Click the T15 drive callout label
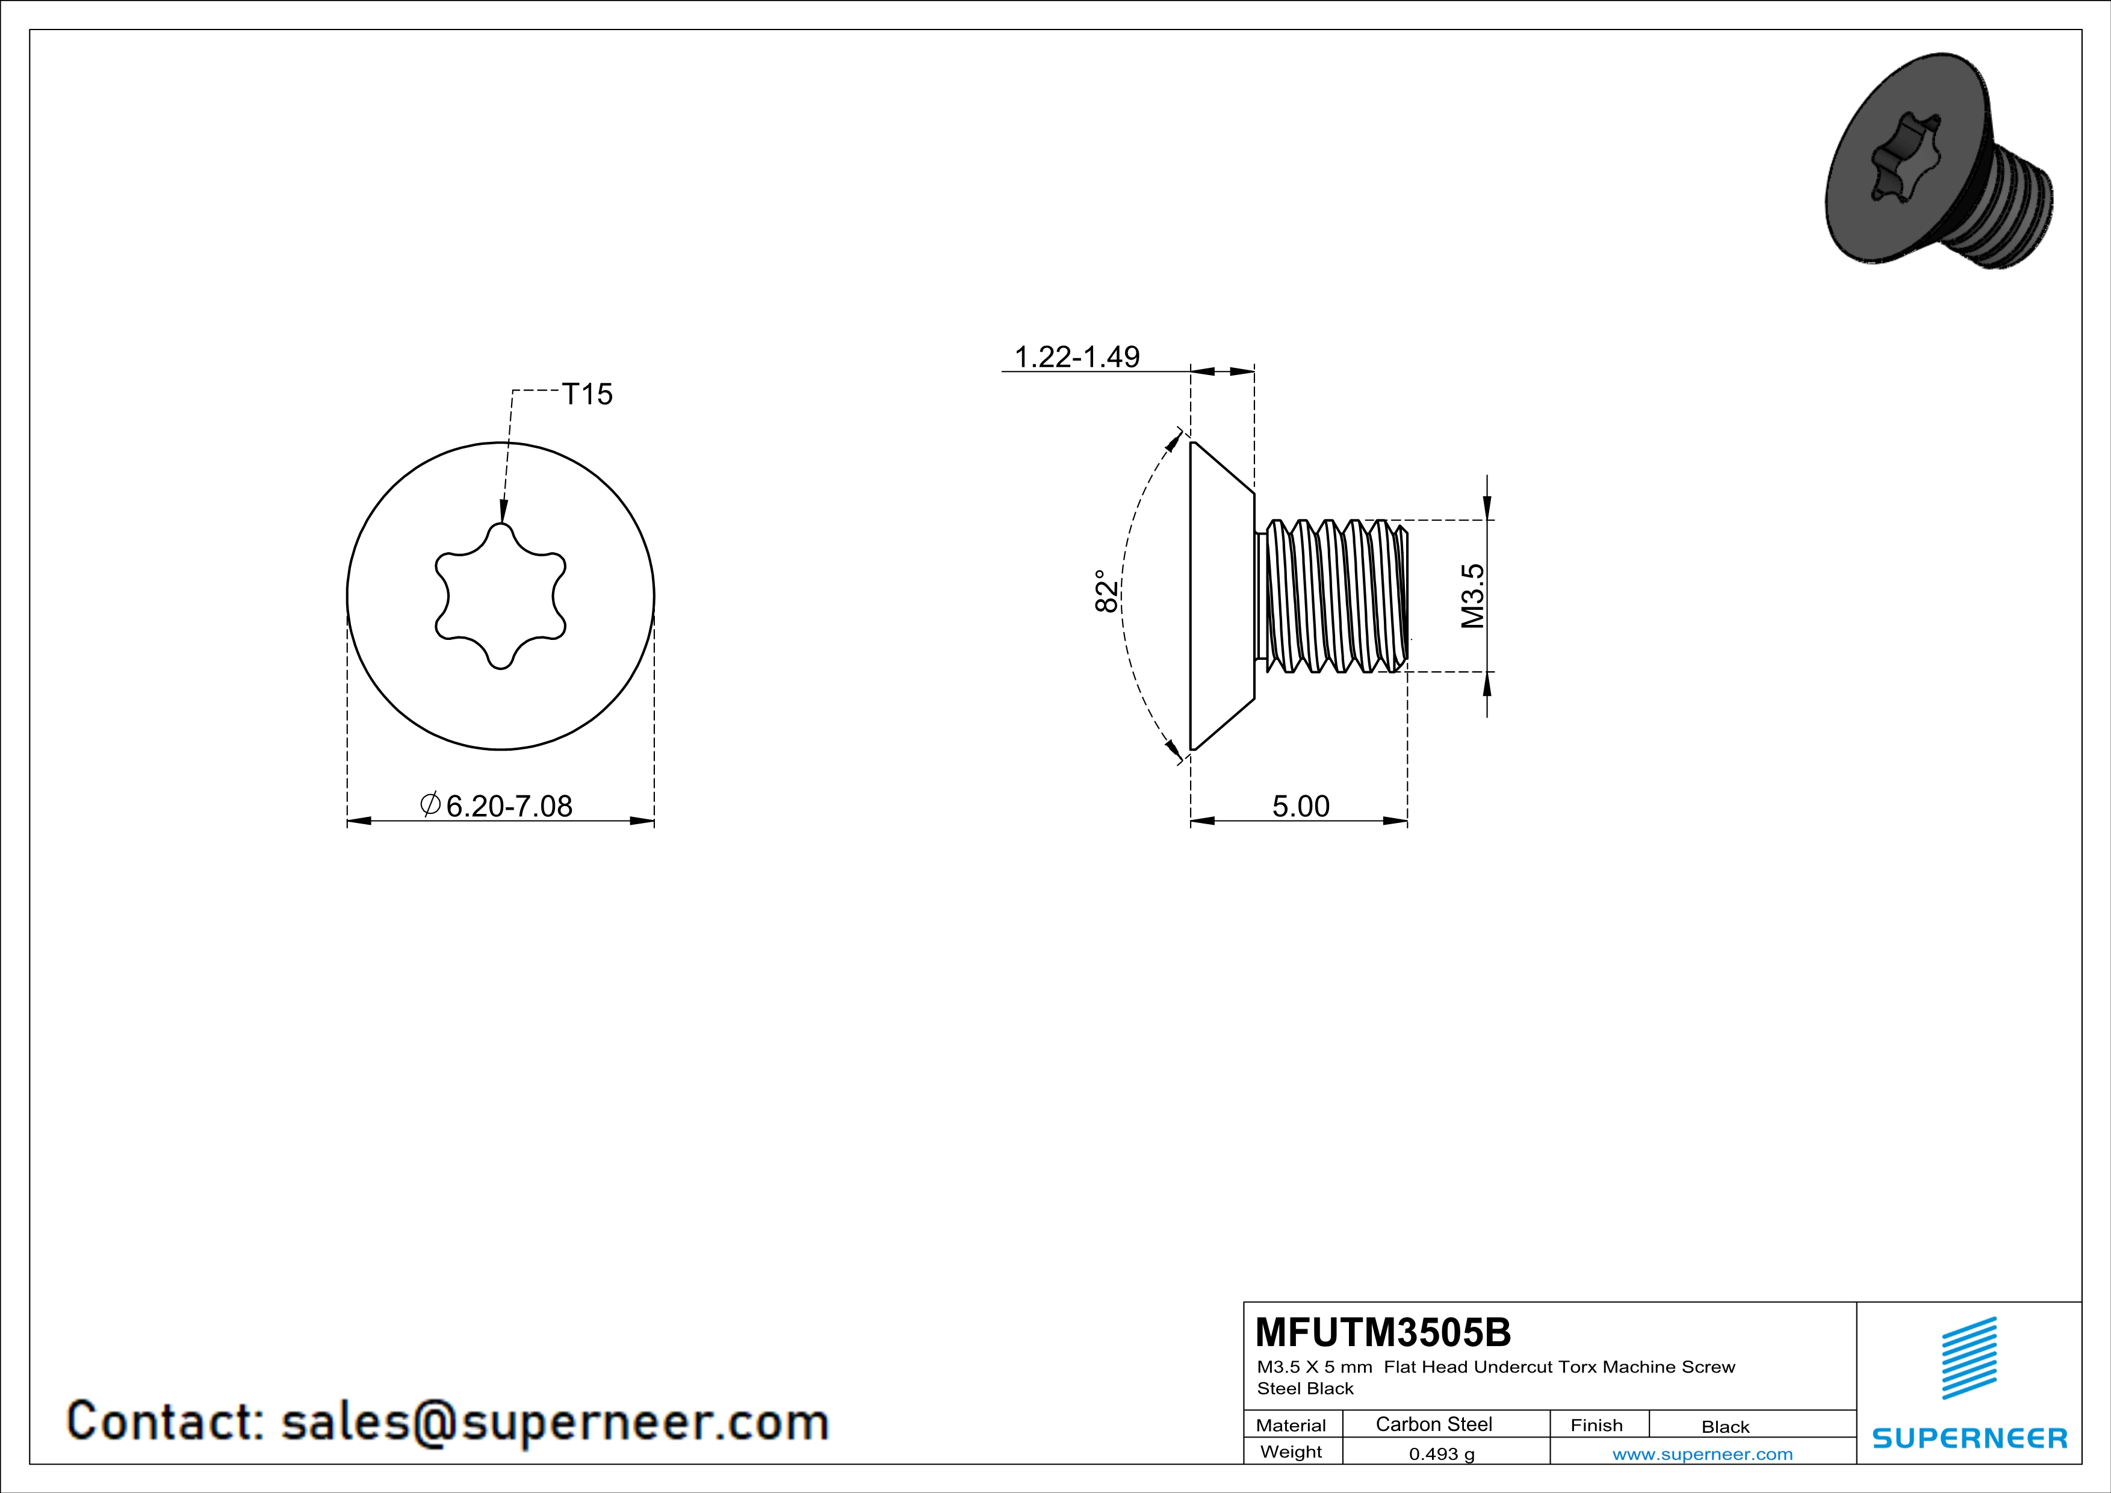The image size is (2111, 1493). coord(587,394)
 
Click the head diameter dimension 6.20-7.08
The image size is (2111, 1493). coord(509,805)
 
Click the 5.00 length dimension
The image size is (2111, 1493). coord(1300,805)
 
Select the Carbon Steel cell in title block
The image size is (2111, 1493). coord(1433,1424)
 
